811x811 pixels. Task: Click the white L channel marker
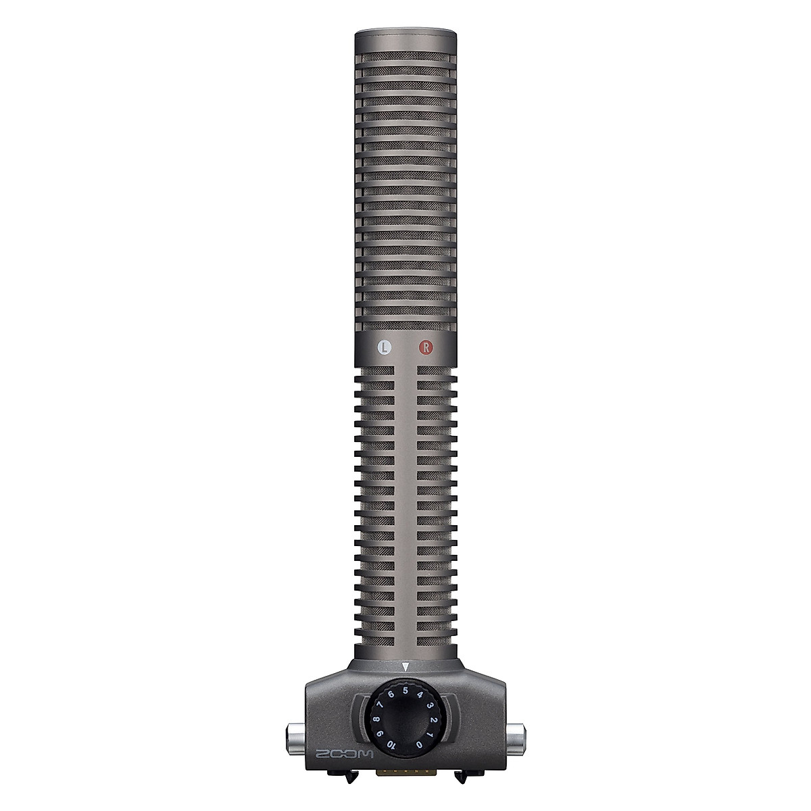[384, 348]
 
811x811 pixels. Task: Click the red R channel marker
[425, 348]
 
